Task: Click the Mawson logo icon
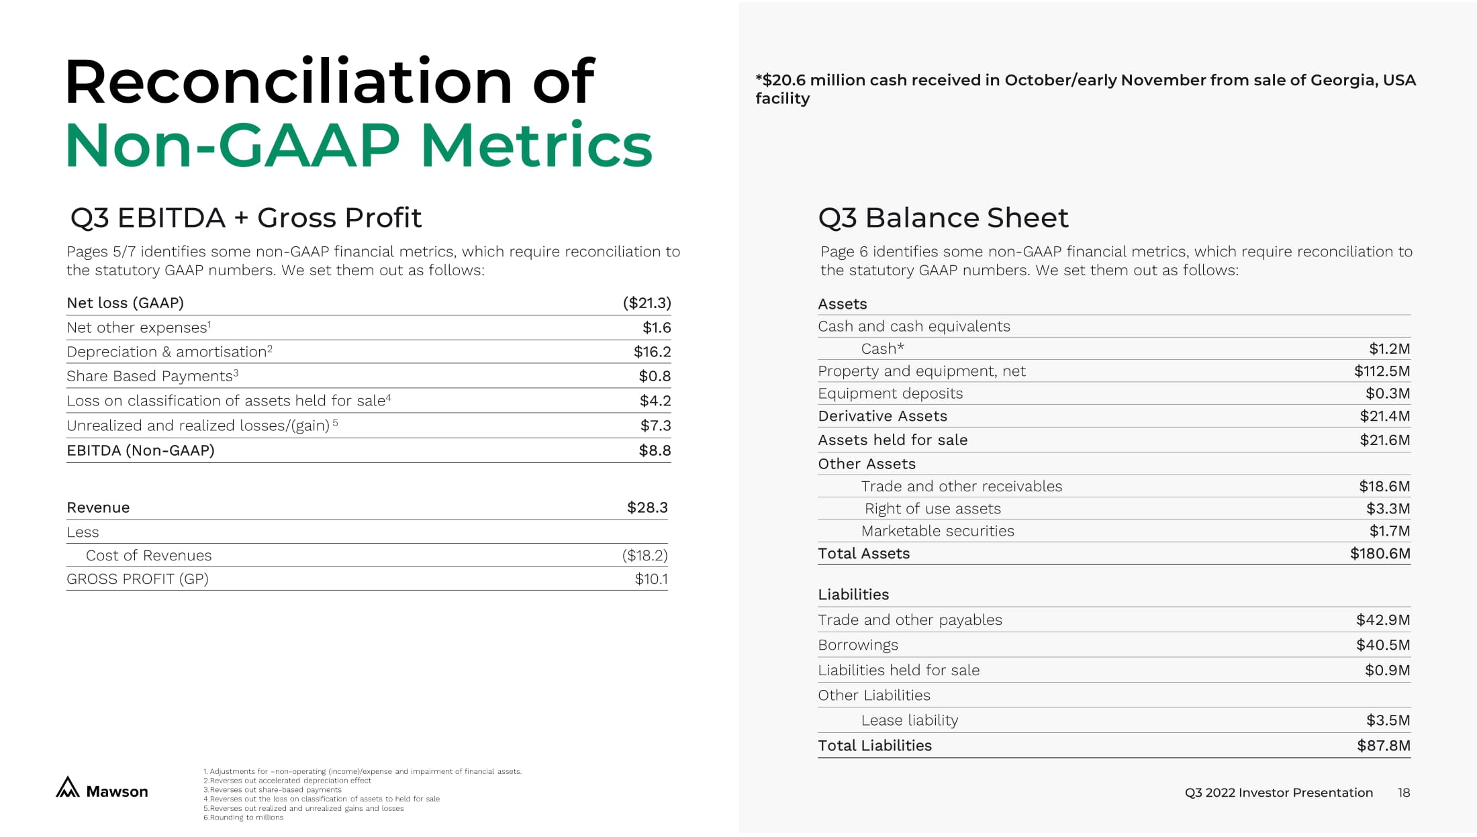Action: coord(68,787)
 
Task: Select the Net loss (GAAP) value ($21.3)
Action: coord(647,303)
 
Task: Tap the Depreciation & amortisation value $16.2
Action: coord(652,352)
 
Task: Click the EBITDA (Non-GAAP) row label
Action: coord(140,450)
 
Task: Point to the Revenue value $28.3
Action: coord(647,507)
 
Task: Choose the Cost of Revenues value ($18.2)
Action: coord(645,555)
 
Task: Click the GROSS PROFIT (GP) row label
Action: coord(138,579)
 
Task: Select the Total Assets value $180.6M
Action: coord(1380,554)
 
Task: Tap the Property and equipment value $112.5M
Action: coord(1382,371)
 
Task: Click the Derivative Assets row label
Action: coord(882,416)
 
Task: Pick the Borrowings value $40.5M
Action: coord(1382,645)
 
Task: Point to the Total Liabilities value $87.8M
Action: coord(1383,746)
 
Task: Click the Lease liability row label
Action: coord(909,720)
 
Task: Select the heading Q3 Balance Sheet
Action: coord(943,217)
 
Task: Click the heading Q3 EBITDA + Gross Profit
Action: coord(246,217)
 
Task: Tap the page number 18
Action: coord(1403,793)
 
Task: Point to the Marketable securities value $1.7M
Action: coord(1389,531)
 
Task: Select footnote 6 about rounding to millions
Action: coord(244,818)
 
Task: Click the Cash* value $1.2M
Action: coord(1389,349)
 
